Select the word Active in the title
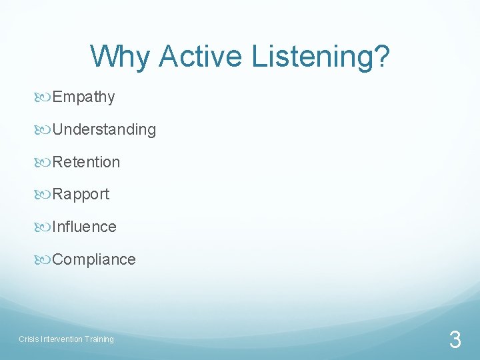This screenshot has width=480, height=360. [202, 57]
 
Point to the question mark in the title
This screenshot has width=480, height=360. [382, 57]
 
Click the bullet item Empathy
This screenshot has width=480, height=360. [83, 97]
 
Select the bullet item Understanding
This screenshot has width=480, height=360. [104, 130]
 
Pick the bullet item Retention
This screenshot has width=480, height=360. [86, 162]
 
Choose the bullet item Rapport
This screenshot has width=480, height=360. [81, 195]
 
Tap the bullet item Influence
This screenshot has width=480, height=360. [84, 227]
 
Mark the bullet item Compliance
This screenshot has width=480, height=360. [94, 259]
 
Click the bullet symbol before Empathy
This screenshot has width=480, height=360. [44, 97]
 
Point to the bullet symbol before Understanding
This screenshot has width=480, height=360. [44, 129]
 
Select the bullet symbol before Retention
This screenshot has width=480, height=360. [44, 162]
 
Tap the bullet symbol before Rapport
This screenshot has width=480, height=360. [44, 195]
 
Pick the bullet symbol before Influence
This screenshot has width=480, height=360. [44, 227]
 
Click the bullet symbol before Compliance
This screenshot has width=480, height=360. [44, 259]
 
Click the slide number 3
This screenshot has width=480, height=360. [455, 341]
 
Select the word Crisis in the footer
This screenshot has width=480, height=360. [29, 339]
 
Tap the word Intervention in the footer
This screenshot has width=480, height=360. [61, 339]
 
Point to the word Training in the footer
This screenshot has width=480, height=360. [99, 339]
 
